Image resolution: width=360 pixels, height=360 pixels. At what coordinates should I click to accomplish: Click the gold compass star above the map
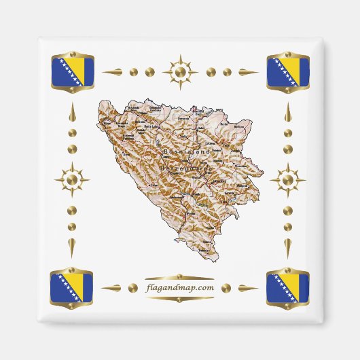click(x=180, y=71)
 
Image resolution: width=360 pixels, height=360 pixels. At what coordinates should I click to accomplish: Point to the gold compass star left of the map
click(x=71, y=180)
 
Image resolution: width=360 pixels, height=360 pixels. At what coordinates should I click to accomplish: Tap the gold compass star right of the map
click(x=288, y=180)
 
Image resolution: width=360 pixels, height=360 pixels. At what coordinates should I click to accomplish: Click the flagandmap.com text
click(x=180, y=287)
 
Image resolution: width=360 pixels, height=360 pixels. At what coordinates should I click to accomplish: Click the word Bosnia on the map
click(x=178, y=151)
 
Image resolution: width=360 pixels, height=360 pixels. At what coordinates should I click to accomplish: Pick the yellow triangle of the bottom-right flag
click(x=295, y=283)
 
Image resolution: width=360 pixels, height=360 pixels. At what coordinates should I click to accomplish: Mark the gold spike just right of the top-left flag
click(x=113, y=71)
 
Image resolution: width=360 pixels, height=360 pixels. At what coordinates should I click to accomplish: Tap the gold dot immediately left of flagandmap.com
click(x=132, y=287)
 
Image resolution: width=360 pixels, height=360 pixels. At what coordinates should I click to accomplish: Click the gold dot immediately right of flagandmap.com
click(x=228, y=287)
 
